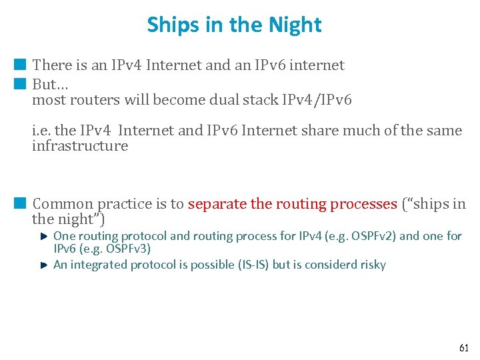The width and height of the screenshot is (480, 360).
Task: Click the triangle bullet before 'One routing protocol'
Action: tap(43, 236)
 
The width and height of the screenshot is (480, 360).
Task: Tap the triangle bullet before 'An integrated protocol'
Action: tap(43, 265)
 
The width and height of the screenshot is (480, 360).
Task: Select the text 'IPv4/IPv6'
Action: tap(318, 100)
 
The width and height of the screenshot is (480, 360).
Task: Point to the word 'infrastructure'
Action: tap(80, 145)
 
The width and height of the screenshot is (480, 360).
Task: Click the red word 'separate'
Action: tap(216, 204)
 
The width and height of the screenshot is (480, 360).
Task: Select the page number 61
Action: tap(463, 348)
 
